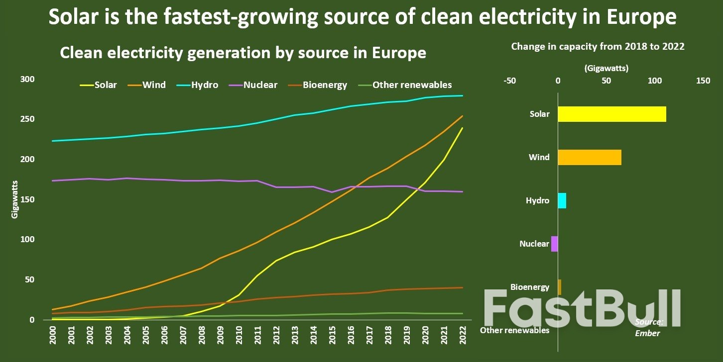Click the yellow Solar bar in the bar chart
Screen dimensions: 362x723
(x=611, y=114)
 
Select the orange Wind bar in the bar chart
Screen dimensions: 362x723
(x=589, y=157)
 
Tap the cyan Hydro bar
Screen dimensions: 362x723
(x=562, y=200)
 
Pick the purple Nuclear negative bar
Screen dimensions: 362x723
(x=554, y=244)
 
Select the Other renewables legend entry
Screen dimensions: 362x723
(x=404, y=85)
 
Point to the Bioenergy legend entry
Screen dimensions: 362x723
(x=317, y=85)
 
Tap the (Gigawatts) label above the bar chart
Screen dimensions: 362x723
(x=606, y=68)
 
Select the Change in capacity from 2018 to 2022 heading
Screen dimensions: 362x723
(x=598, y=46)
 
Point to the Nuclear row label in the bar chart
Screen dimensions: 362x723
(x=534, y=244)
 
